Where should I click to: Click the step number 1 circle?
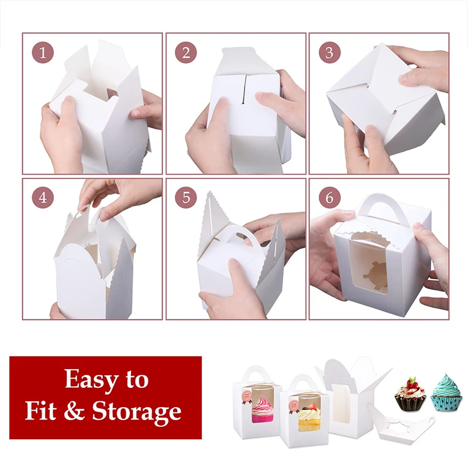(x=43, y=53)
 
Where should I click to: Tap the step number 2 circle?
(x=185, y=53)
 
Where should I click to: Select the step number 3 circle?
(x=329, y=53)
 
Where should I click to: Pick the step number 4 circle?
(x=43, y=197)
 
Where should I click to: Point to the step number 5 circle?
(x=185, y=197)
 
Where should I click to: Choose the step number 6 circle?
(x=329, y=197)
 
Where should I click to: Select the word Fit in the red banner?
(x=40, y=410)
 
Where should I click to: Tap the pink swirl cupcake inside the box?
(x=262, y=408)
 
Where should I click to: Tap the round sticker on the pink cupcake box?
(x=247, y=397)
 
